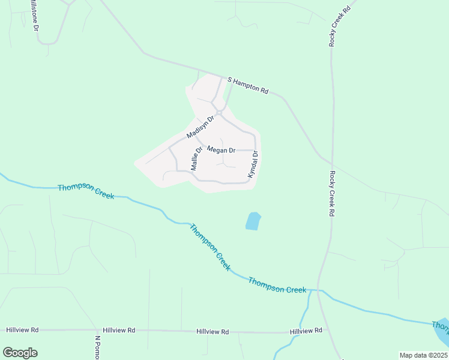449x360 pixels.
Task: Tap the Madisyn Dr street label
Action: click(200, 127)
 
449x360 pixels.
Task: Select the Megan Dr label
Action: click(220, 149)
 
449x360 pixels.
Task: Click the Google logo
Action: click(20, 352)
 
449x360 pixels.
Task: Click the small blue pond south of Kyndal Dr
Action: click(253, 221)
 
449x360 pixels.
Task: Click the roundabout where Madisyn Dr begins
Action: click(221, 112)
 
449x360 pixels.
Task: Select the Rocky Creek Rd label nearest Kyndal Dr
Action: click(331, 193)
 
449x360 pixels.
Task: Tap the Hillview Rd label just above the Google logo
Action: click(22, 330)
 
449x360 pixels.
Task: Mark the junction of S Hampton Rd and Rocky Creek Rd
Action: click(325, 160)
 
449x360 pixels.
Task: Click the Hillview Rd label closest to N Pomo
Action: click(118, 330)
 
